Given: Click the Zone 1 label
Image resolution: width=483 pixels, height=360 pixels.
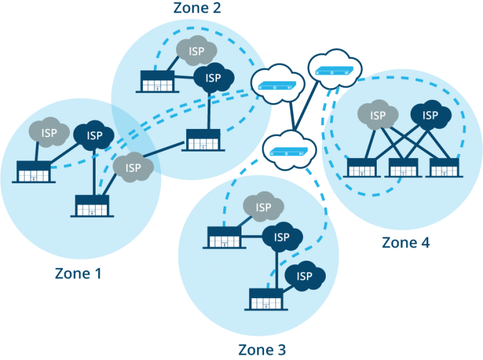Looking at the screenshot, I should (x=77, y=274).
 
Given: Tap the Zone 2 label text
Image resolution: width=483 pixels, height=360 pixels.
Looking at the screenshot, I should (x=197, y=8).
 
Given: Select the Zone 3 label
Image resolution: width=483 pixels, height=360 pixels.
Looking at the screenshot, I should (x=265, y=349).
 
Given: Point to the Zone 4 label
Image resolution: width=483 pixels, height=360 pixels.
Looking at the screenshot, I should (x=406, y=242).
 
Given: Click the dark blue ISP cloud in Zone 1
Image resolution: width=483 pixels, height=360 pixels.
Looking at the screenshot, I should (x=94, y=135).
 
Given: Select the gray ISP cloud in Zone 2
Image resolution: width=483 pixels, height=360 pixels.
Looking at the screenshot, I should (x=196, y=51).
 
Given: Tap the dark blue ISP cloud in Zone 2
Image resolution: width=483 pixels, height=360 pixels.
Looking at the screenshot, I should (x=214, y=78).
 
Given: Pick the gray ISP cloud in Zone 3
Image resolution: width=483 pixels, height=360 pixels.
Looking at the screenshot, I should (x=263, y=207).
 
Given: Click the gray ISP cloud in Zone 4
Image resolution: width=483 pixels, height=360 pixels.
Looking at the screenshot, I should (x=377, y=115).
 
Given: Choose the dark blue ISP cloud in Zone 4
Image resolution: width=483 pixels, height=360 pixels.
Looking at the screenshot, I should (x=430, y=115).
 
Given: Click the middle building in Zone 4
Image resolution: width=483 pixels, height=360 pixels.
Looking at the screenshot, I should (x=405, y=167).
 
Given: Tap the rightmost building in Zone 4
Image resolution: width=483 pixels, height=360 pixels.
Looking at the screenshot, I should (x=444, y=167).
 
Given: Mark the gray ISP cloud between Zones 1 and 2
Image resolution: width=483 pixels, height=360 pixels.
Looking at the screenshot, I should (x=133, y=167).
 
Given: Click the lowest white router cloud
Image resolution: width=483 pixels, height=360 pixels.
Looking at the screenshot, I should (x=289, y=149).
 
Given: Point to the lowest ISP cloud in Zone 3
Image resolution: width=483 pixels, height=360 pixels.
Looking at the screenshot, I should (x=304, y=276).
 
